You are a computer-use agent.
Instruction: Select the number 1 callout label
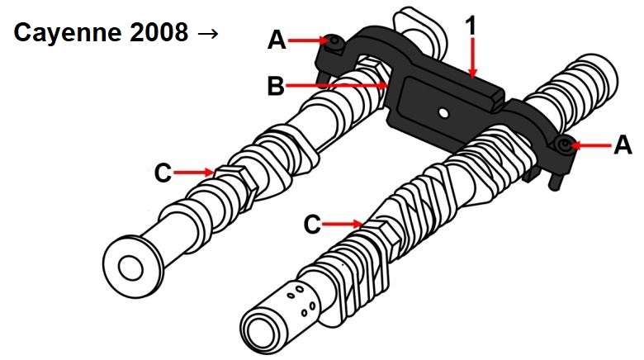tap(471, 25)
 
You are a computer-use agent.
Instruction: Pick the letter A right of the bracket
tap(623, 146)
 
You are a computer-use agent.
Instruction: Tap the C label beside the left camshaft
tap(164, 173)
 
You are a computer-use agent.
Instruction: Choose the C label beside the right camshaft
tap(312, 223)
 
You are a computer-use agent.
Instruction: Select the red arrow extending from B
tap(339, 84)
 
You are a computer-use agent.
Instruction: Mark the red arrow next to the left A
tap(309, 38)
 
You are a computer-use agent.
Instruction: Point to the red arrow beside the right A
tap(590, 146)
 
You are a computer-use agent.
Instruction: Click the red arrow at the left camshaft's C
tap(196, 173)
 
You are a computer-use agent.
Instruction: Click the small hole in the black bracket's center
tap(443, 111)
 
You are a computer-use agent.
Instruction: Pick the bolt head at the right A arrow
tap(564, 145)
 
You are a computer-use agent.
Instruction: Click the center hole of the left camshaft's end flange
tap(130, 266)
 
